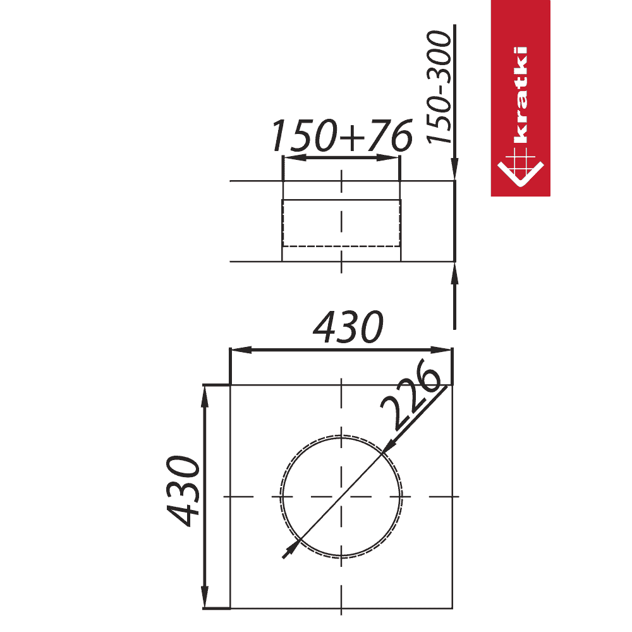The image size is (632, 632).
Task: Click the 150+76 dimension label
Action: pyautogui.click(x=342, y=135)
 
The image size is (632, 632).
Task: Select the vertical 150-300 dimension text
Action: pyautogui.click(x=439, y=87)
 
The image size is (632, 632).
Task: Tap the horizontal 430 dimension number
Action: pyautogui.click(x=348, y=327)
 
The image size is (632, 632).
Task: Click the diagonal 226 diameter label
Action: pyautogui.click(x=410, y=395)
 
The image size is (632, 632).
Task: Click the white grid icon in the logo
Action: pyautogui.click(x=520, y=167)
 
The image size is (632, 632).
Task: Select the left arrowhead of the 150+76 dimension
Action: pyautogui.click(x=295, y=157)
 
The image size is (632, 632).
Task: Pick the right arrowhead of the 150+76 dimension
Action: pyautogui.click(x=388, y=157)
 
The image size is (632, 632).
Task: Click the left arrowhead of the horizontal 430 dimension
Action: pyautogui.click(x=241, y=350)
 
